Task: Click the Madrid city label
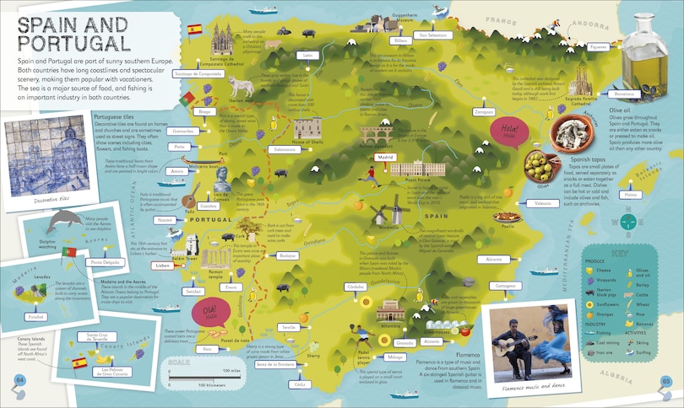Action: click(x=386, y=157)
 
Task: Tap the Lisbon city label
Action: click(x=163, y=265)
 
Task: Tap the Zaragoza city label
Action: click(x=485, y=111)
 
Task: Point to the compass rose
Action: click(x=626, y=222)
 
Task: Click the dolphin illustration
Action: click(x=64, y=222)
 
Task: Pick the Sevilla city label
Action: click(x=290, y=326)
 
